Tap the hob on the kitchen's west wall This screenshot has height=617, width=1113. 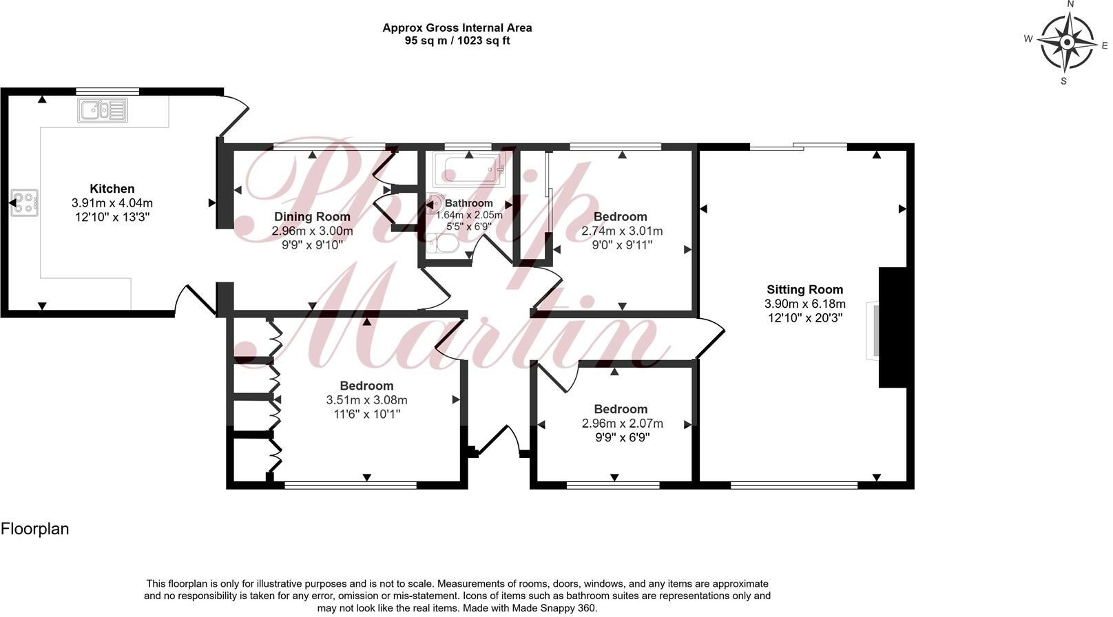pyautogui.click(x=25, y=203)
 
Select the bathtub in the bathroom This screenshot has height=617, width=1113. pyautogui.click(x=469, y=169)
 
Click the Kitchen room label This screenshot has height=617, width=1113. pyautogui.click(x=112, y=189)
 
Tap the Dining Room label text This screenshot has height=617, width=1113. pyautogui.click(x=312, y=217)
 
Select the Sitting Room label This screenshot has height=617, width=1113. pyautogui.click(x=805, y=290)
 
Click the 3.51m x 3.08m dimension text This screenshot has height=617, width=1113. pyautogui.click(x=366, y=400)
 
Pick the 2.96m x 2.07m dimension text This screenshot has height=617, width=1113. pyautogui.click(x=622, y=423)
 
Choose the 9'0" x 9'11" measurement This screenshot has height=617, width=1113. pyautogui.click(x=622, y=245)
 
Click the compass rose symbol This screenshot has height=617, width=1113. pyautogui.click(x=1066, y=43)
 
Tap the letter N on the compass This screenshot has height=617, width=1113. pyautogui.click(x=1070, y=4)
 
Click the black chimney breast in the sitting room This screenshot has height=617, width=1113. pyautogui.click(x=891, y=328)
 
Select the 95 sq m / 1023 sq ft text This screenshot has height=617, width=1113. pyautogui.click(x=457, y=41)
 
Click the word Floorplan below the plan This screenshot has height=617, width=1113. pyautogui.click(x=35, y=529)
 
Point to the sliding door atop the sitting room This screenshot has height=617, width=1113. pyautogui.click(x=799, y=146)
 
